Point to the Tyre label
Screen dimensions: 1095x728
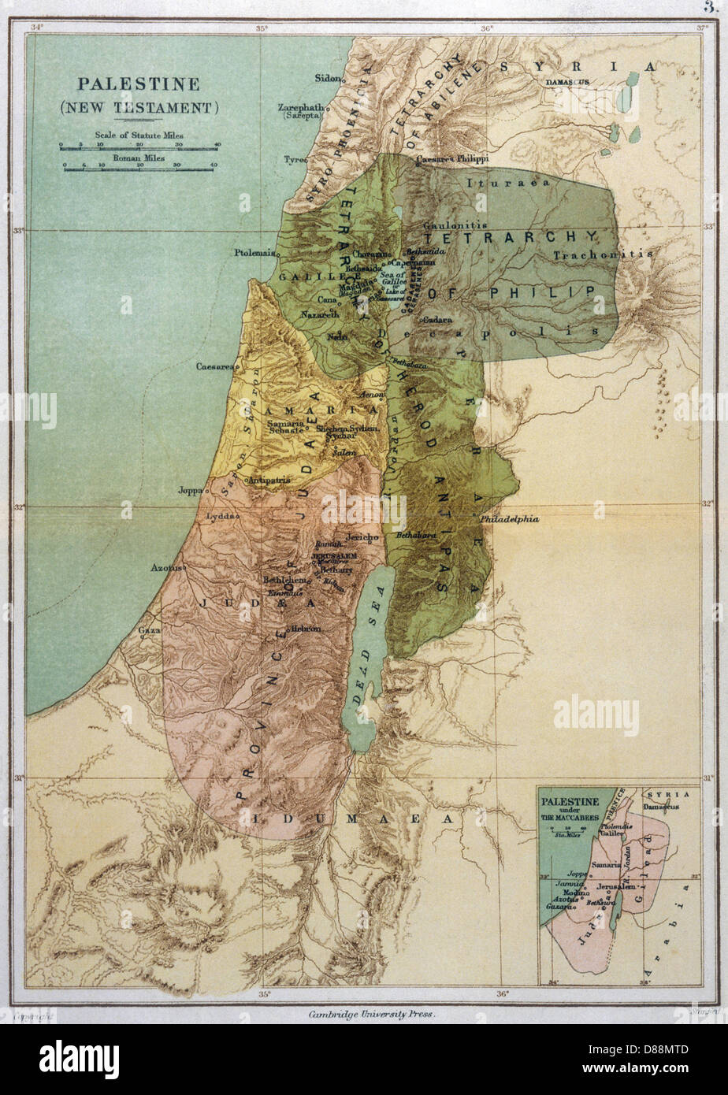[x=295, y=159]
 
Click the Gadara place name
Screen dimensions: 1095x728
[x=436, y=321]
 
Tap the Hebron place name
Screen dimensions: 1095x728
[x=306, y=628]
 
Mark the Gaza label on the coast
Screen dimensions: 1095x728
[x=149, y=630]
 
